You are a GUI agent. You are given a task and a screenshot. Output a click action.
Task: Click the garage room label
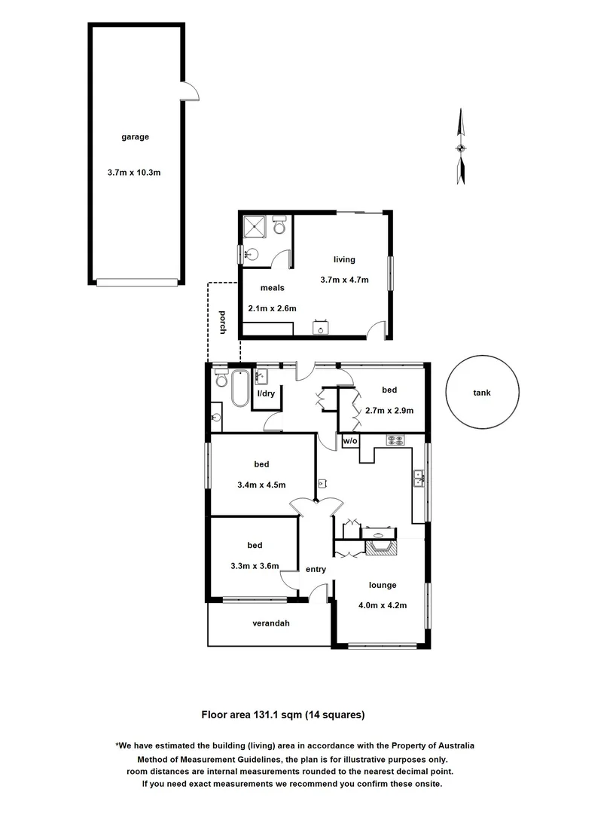click(x=136, y=137)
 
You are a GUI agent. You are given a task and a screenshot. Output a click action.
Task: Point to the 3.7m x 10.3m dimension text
click(x=135, y=173)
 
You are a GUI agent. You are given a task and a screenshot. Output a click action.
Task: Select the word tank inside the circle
click(x=482, y=393)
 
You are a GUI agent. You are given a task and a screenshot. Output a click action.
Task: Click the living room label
click(x=344, y=260)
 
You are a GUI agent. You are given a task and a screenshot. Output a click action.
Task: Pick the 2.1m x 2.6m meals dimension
click(x=272, y=308)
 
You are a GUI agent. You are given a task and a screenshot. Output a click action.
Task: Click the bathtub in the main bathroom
click(x=239, y=389)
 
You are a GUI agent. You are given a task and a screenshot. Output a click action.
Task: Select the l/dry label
click(x=266, y=394)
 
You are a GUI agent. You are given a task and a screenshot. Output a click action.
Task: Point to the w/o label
click(x=350, y=441)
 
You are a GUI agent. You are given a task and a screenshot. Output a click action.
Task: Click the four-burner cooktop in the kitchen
click(x=395, y=440)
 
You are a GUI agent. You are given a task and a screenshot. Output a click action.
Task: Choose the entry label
click(x=316, y=569)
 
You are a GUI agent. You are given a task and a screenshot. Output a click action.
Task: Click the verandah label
click(x=271, y=623)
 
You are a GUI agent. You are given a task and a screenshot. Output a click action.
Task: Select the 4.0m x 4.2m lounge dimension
click(x=382, y=603)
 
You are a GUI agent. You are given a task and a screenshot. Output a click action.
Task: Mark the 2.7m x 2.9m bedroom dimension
click(x=389, y=411)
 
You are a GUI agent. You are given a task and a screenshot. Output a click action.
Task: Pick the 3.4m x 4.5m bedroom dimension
click(x=261, y=485)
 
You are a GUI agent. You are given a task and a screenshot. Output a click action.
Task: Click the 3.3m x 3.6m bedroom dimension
click(x=255, y=566)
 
